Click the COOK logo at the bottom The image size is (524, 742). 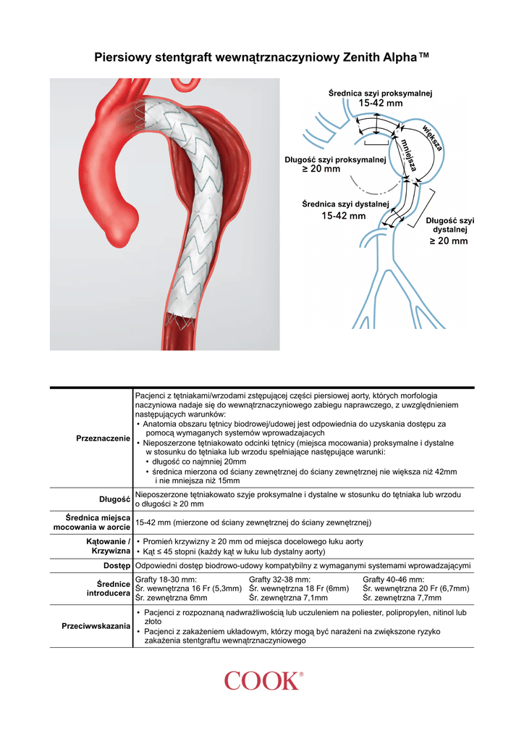click(x=262, y=680)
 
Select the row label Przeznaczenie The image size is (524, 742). click(x=103, y=439)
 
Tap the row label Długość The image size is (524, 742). click(x=114, y=499)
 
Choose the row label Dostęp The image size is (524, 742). click(x=116, y=565)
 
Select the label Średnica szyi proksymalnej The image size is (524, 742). click(x=380, y=93)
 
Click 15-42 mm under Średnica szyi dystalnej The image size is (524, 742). click(x=343, y=216)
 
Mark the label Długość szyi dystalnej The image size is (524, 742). click(x=449, y=225)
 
